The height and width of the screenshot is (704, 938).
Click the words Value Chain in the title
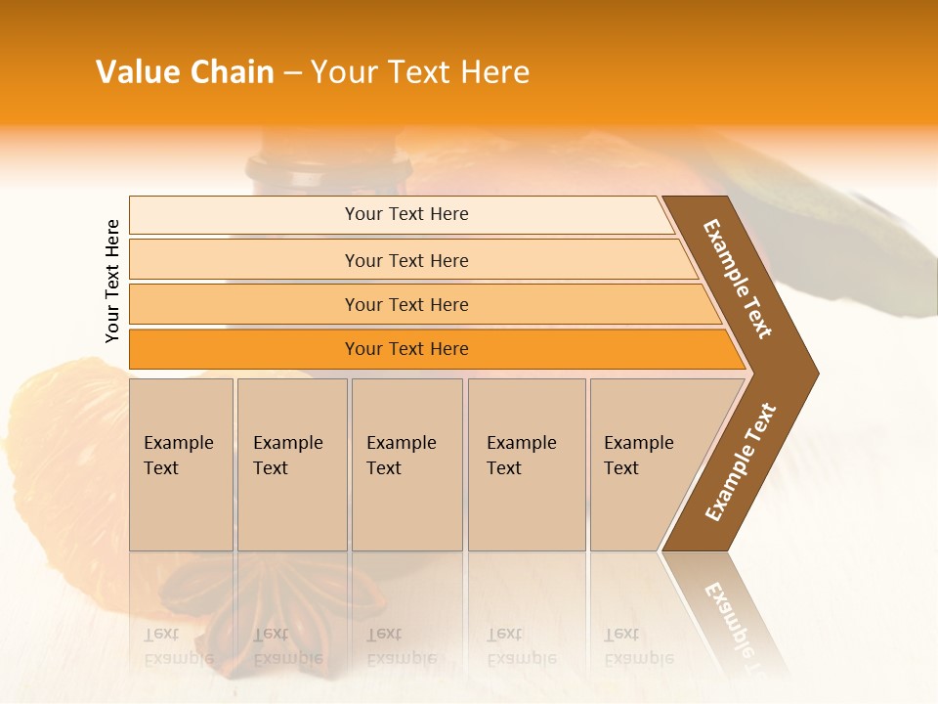185,72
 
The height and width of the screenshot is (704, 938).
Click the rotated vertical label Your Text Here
112,281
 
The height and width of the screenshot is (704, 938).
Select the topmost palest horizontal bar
405,214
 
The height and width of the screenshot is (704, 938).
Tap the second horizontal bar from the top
405,260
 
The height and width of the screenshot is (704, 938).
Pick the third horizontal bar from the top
405,304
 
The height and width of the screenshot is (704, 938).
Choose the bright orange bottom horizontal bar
405,349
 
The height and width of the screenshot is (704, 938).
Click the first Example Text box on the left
181,464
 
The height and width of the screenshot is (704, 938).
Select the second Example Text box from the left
292,464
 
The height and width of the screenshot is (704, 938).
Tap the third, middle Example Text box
406,464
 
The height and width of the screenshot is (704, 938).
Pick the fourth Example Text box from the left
527,464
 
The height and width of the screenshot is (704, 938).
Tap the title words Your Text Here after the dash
420,72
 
